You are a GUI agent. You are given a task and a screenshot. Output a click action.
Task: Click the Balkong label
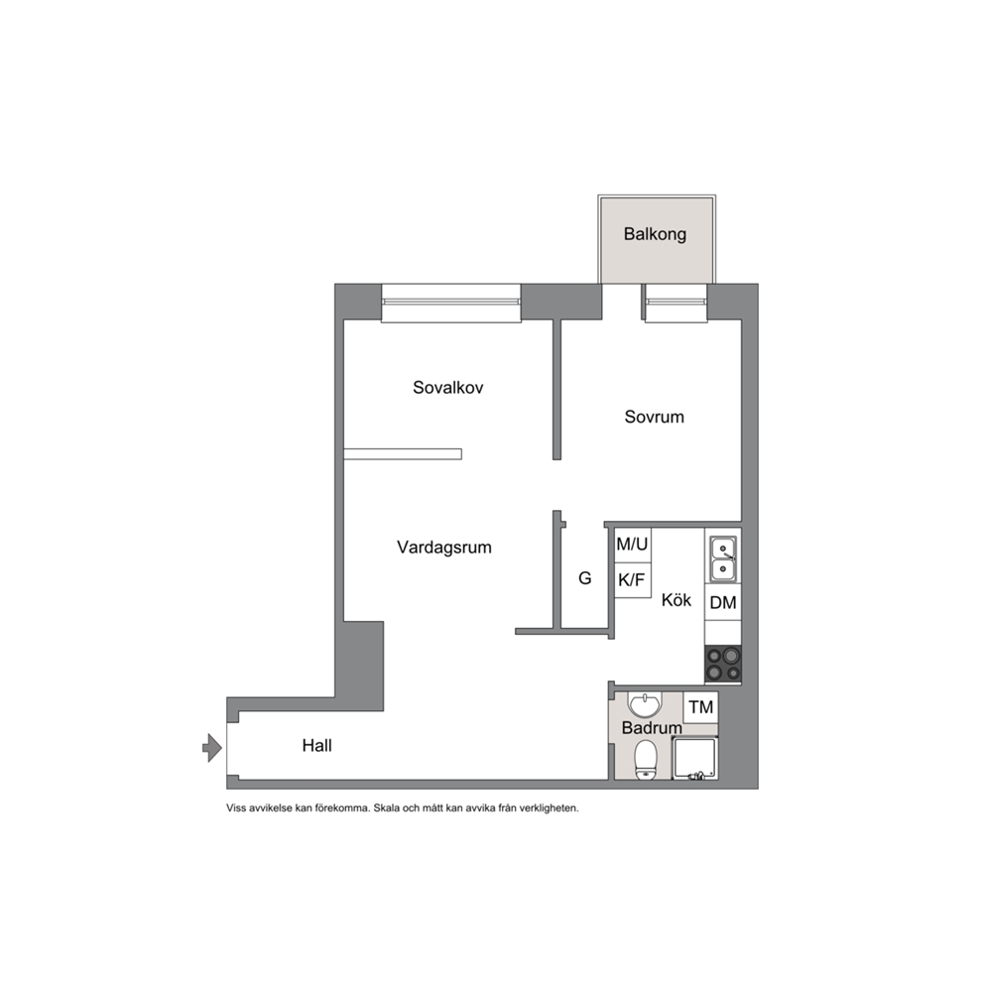click(655, 235)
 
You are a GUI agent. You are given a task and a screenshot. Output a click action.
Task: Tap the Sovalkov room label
click(448, 388)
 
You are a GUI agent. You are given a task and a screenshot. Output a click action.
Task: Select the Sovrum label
click(654, 417)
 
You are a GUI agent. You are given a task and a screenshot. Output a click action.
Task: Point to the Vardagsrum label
click(444, 548)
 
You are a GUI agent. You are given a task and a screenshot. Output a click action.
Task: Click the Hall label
click(316, 746)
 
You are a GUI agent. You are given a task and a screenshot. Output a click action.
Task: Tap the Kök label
click(676, 600)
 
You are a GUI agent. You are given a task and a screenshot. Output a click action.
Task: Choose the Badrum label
click(652, 728)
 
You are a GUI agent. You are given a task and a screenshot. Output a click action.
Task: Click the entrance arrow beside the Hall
click(212, 747)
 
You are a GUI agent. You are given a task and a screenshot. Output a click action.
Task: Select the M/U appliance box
click(632, 545)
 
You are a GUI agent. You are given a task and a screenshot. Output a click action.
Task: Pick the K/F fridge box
click(632, 580)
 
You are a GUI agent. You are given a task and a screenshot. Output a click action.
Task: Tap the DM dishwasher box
click(723, 602)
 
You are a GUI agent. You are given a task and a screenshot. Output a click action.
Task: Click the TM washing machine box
click(700, 707)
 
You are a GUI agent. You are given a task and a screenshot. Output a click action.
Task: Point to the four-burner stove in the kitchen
click(723, 664)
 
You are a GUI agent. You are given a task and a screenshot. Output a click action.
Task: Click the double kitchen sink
click(723, 559)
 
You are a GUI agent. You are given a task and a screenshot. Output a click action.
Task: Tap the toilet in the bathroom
click(645, 760)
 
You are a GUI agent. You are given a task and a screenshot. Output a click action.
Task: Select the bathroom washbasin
click(645, 704)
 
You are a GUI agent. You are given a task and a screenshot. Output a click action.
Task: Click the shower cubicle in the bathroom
click(694, 758)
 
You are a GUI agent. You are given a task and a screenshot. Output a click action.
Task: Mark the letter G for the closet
click(585, 578)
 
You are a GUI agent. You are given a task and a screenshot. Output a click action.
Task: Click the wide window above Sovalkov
click(451, 304)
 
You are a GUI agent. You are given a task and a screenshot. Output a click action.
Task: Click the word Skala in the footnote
click(386, 808)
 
